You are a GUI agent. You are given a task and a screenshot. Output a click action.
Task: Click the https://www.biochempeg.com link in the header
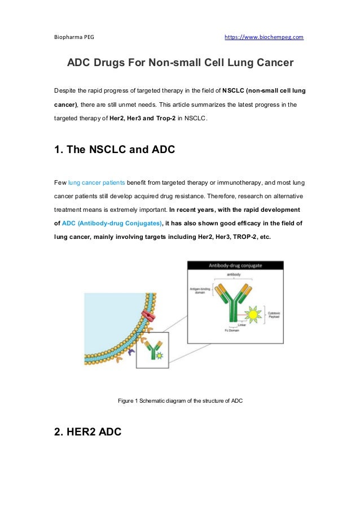pyautogui.click(x=264, y=37)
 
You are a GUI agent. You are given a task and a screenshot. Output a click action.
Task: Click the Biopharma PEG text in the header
pyautogui.click(x=74, y=37)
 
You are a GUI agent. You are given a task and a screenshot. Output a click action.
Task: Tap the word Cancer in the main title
pyautogui.click(x=272, y=63)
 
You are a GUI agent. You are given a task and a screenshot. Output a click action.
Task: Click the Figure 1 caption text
pyautogui.click(x=180, y=400)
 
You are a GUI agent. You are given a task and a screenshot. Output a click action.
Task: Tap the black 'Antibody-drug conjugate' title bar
pyautogui.click(x=235, y=265)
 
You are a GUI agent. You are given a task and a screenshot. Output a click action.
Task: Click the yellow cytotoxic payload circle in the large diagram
pyautogui.click(x=253, y=314)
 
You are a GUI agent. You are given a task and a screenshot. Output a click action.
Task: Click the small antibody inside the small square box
pyautogui.click(x=153, y=351)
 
